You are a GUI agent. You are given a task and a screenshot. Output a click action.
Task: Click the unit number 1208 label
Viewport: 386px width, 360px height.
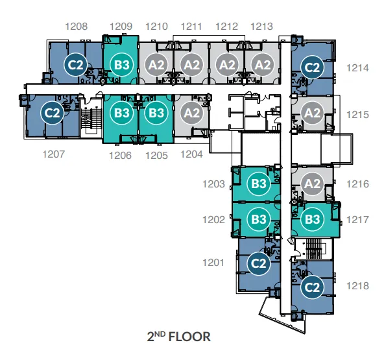[x=77, y=27]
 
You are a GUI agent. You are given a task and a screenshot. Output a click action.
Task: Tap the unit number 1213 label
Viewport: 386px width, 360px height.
[x=261, y=27]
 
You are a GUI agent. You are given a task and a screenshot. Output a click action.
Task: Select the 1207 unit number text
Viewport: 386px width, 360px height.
[x=54, y=154]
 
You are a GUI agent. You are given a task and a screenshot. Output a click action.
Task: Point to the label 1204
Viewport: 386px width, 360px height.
[x=191, y=154]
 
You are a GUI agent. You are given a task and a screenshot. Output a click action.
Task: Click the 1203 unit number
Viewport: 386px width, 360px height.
[x=213, y=184]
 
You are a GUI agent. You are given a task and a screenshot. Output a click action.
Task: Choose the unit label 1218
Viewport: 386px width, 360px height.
[x=357, y=286]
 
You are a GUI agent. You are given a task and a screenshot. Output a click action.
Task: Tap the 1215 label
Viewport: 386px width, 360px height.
[x=357, y=115]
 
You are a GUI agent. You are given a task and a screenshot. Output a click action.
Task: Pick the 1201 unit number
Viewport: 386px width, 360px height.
[x=213, y=263]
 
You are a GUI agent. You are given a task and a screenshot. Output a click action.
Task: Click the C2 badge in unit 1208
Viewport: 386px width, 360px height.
[x=75, y=65]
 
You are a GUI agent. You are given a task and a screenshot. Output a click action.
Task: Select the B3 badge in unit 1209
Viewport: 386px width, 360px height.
[x=122, y=65]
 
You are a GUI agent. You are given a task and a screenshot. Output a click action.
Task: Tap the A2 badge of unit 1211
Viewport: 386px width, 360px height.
[x=192, y=65]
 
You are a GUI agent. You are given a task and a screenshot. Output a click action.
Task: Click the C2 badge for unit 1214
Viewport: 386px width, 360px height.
[x=312, y=67]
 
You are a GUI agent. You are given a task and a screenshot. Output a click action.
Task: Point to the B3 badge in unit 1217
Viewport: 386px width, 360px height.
[x=312, y=219]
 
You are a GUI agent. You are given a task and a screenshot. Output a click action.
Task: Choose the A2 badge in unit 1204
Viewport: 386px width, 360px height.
[x=192, y=113]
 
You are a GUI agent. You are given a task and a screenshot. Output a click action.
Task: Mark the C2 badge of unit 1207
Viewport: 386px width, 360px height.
[x=52, y=113]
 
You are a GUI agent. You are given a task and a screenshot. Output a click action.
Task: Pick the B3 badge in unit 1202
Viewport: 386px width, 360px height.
[x=259, y=219]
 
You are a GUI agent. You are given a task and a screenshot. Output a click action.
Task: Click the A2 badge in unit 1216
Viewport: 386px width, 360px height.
[x=312, y=184]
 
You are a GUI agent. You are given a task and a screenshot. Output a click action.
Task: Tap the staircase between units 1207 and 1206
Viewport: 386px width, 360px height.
[x=91, y=119]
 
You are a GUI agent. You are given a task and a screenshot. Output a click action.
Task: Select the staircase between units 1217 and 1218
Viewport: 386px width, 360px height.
[x=313, y=249]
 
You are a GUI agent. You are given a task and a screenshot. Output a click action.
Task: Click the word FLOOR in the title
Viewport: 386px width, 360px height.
[x=189, y=337]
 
